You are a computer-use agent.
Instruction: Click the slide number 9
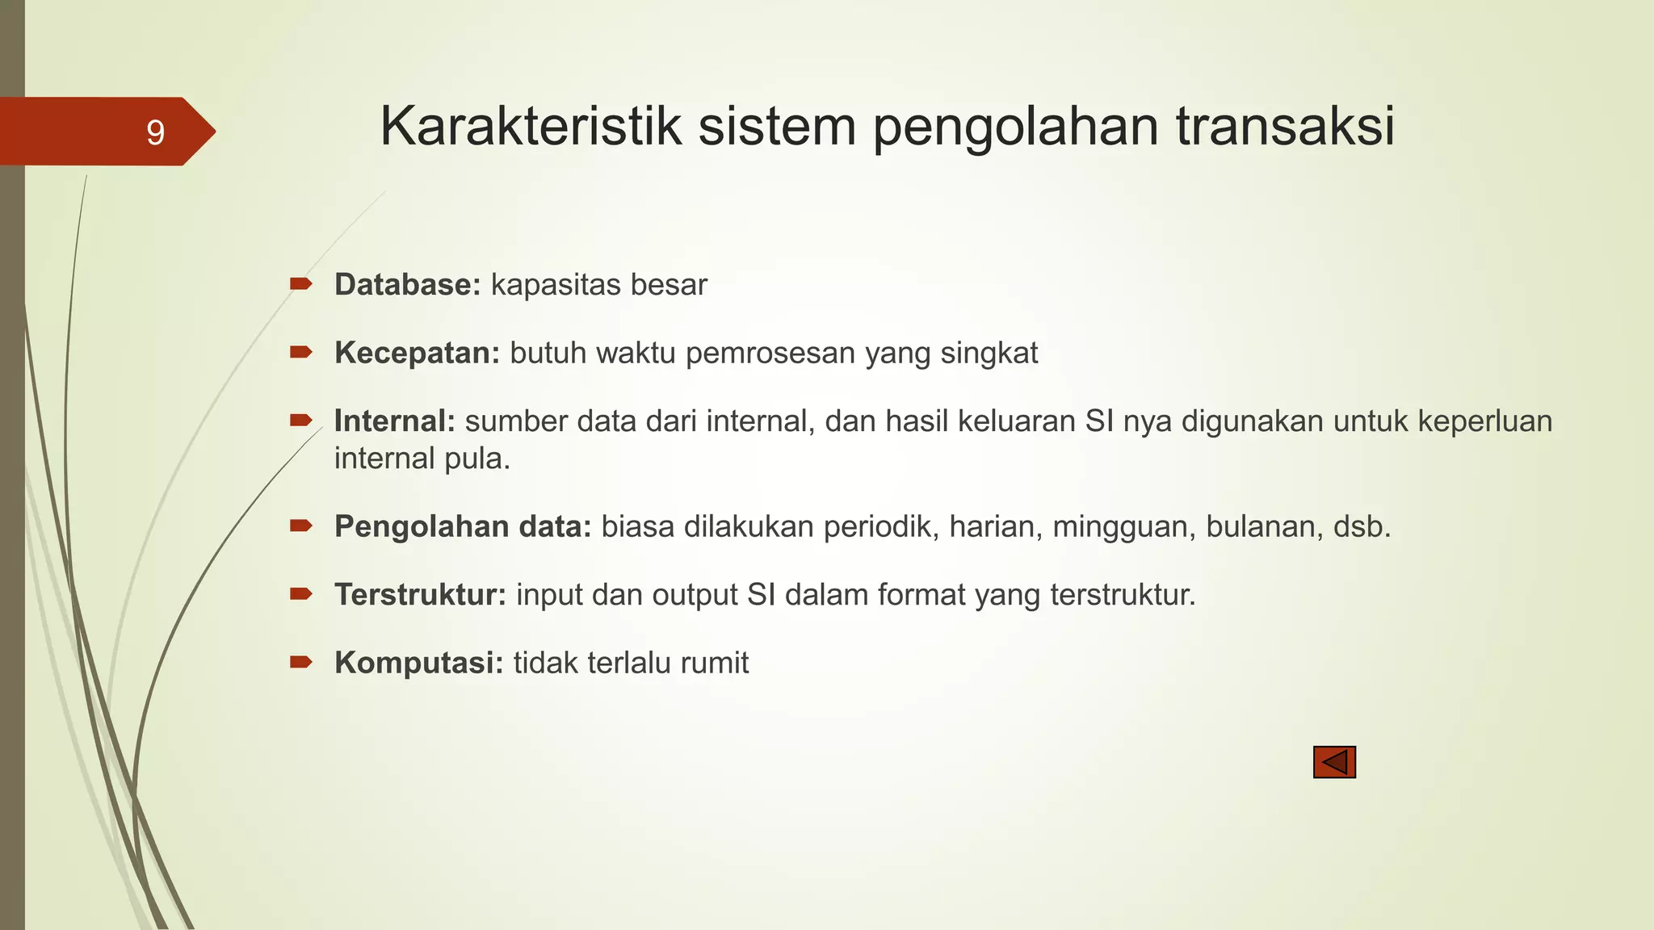[155, 132]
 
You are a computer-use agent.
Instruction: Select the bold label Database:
[408, 285]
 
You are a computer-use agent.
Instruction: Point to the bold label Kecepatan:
[418, 354]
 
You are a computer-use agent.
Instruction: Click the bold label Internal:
[395, 421]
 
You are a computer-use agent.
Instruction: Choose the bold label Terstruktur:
[421, 595]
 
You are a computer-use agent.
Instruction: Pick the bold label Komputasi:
[419, 664]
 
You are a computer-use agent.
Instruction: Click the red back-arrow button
[1334, 762]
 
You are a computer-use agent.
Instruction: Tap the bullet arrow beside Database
[301, 283]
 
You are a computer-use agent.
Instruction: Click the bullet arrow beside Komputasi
[301, 663]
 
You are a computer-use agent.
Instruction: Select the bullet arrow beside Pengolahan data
[301, 526]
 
